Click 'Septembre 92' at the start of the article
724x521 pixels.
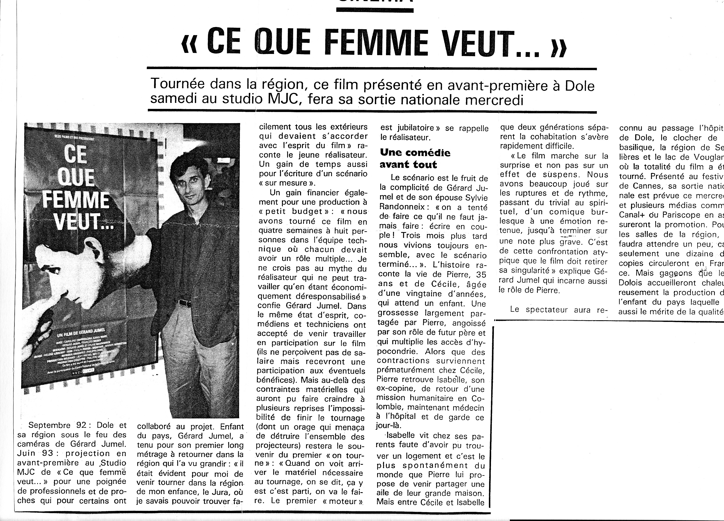57,425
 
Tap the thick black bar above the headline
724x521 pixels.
375,10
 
